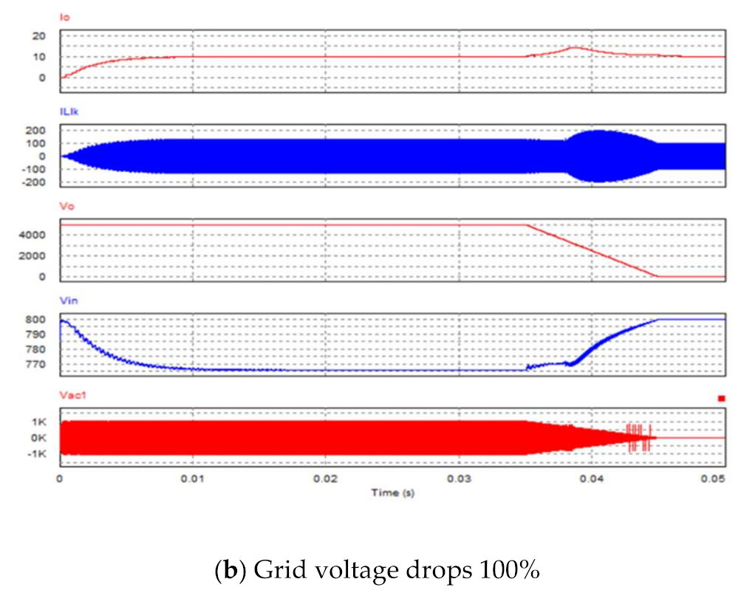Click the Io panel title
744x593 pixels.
click(64, 16)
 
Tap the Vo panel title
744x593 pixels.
click(65, 208)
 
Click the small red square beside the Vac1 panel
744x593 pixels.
click(721, 399)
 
